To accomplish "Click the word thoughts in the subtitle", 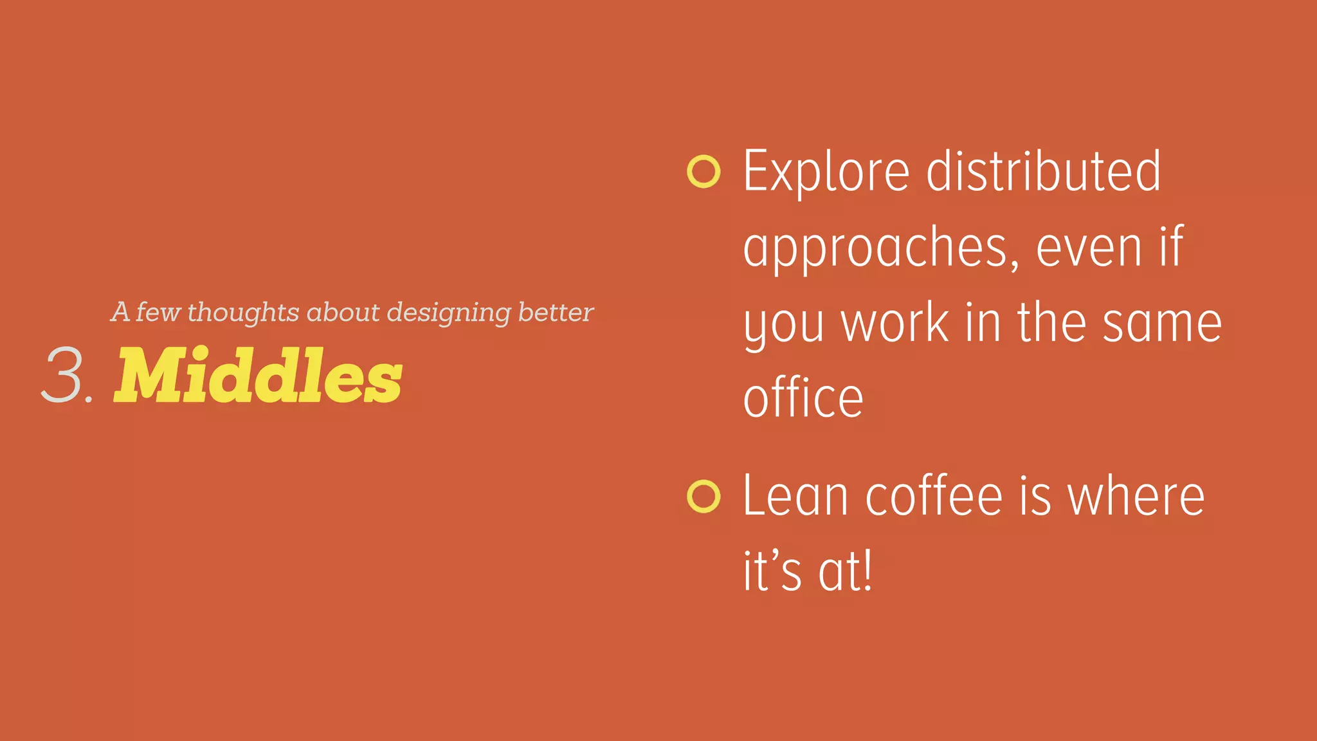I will coord(243,313).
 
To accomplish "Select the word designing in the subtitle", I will coord(449,313).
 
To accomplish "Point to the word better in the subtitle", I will coord(556,312).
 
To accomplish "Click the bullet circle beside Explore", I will coord(703,172).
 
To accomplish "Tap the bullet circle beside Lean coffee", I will coord(703,497).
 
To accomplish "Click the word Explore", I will coord(826,172).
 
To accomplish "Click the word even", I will coord(1089,248).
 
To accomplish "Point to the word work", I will coord(895,323).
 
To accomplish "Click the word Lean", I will coord(795,497).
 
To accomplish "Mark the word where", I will coord(1136,497).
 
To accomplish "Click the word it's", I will coord(772,571).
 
